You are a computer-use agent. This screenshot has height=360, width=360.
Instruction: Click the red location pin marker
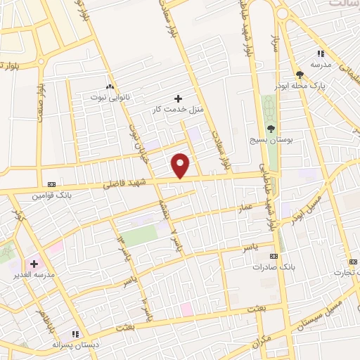click(181, 165)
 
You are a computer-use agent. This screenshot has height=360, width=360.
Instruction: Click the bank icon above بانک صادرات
click(274, 257)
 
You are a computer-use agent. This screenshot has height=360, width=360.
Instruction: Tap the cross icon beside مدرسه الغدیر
click(34, 263)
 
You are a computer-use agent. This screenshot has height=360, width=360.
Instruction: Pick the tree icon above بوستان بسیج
click(271, 128)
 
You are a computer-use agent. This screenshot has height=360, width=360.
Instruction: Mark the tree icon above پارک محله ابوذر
click(300, 74)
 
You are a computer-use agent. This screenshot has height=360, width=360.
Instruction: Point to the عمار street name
click(244, 207)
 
